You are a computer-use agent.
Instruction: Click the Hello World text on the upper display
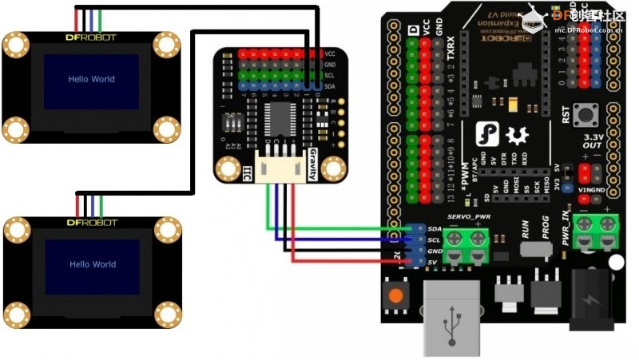click(91, 79)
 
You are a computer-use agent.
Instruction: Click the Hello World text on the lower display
click(91, 264)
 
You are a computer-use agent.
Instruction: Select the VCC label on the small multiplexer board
click(330, 53)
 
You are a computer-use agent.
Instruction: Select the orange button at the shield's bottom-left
click(395, 295)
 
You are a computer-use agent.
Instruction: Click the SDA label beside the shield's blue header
click(435, 228)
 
